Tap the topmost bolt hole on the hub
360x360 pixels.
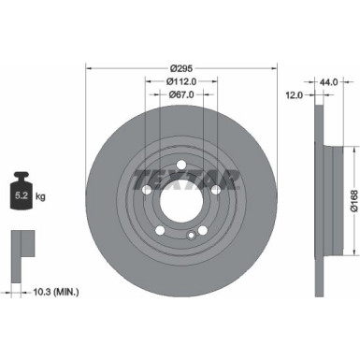click(181, 158)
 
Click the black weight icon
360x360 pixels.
click(26, 194)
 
